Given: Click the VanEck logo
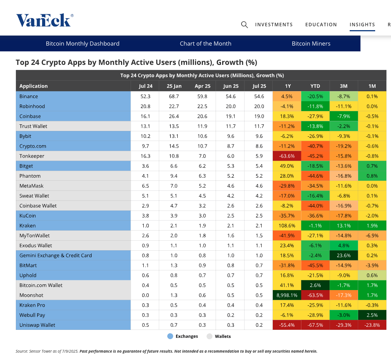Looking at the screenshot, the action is [x=45, y=20].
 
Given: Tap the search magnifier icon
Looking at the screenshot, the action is [x=244, y=25].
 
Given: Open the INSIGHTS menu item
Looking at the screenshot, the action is [x=362, y=25].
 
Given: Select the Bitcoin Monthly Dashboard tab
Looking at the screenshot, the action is [x=83, y=44].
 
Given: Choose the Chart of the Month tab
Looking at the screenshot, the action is [x=206, y=44].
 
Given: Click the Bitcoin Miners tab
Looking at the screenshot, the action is [x=311, y=44].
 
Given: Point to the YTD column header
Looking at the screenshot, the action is [x=315, y=86].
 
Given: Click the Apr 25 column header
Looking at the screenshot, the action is [x=202, y=86].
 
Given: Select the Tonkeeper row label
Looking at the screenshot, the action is [x=32, y=156].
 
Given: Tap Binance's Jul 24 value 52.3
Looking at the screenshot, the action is [x=145, y=96].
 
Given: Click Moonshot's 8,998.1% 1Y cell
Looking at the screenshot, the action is [x=287, y=295].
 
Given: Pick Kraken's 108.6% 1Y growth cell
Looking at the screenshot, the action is [x=287, y=226].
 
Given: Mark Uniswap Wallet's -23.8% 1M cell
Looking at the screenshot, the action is [x=372, y=325].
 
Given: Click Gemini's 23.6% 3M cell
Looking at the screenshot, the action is [x=343, y=256].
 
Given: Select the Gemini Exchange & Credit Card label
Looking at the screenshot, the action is [x=56, y=256].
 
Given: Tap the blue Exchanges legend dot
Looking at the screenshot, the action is [x=170, y=336].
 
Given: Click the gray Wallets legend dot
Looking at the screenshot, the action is [x=209, y=336].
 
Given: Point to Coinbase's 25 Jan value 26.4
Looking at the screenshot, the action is [x=174, y=116].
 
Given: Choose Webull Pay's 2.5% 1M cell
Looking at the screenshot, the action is [x=372, y=315].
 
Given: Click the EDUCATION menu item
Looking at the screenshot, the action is [x=321, y=25].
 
